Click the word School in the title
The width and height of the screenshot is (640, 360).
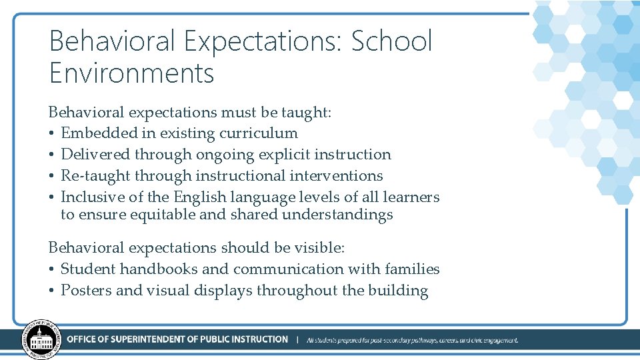point(392,41)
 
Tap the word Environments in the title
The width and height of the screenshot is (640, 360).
point(132,73)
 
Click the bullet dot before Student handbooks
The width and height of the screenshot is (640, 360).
point(52,270)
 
